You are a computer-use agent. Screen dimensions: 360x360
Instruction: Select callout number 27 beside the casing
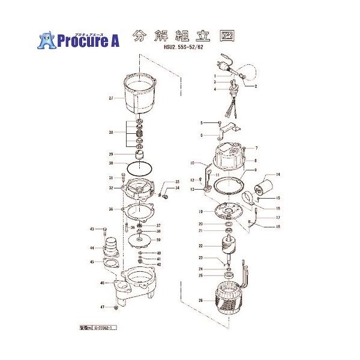111,98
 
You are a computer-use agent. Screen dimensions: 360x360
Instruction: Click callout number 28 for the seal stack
111,133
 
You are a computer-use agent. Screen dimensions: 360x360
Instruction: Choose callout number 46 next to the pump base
103,283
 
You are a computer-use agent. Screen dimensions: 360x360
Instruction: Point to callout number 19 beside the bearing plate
202,212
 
